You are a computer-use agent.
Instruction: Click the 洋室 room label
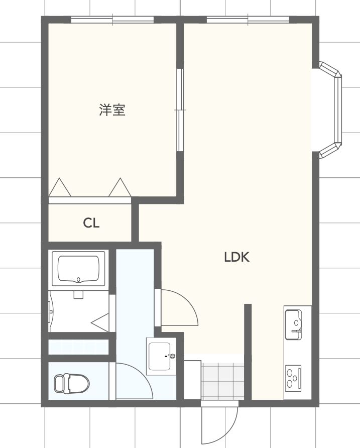pos(112,110)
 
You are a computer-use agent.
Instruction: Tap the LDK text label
pos(236,257)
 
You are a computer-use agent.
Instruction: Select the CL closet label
pos(91,223)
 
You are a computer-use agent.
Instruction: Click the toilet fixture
pos(72,383)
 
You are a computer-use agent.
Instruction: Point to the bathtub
pos(78,269)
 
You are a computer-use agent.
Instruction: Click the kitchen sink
pos(293,325)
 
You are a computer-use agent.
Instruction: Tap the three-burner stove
pos(293,378)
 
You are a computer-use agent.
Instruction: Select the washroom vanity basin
pos(161,356)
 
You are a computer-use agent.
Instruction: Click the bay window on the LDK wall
pos(330,110)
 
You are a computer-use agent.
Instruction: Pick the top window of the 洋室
pos(112,20)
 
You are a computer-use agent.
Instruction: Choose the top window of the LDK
pos(248,20)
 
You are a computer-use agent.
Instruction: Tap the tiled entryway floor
pos(222,381)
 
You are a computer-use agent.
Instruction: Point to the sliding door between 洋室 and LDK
pos(180,110)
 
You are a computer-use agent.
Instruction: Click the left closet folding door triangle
pos(60,187)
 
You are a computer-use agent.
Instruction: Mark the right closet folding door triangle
pos(120,187)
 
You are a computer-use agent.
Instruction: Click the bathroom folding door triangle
pos(100,322)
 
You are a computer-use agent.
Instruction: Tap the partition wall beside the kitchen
pos(248,352)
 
